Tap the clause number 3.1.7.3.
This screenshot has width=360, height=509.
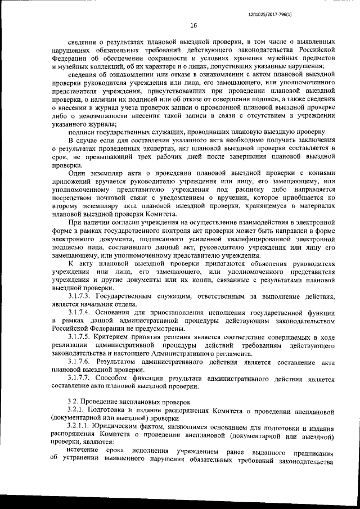tap(79, 295)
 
